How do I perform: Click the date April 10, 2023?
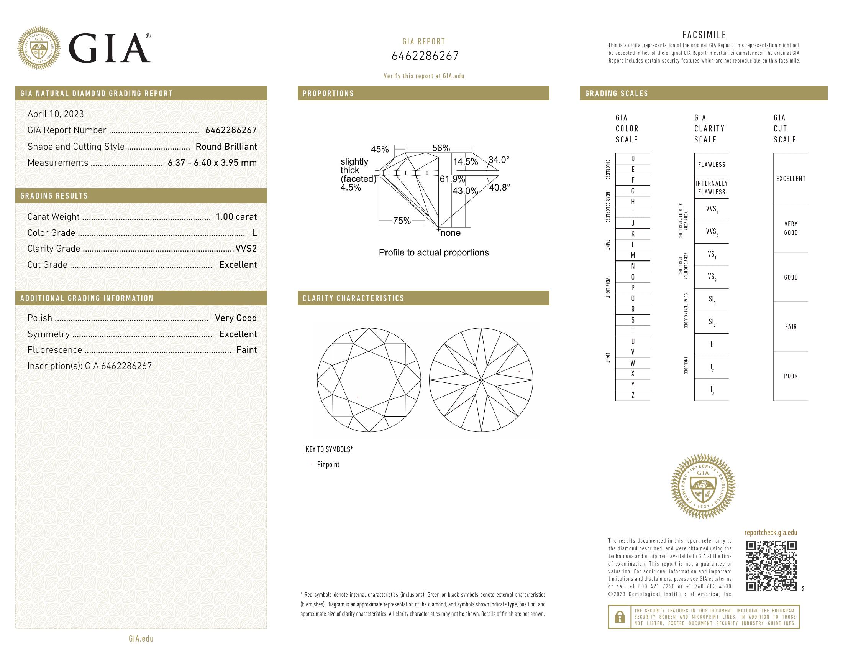pos(56,114)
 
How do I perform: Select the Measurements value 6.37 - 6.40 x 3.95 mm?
pos(212,163)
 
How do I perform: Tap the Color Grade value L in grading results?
pos(254,233)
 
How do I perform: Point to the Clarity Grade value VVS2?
pos(246,249)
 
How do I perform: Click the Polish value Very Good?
pos(235,318)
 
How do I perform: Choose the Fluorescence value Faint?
pos(246,350)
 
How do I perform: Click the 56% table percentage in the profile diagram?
pos(441,148)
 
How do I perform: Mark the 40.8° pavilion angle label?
pos(499,188)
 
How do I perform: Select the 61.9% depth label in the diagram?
pos(452,179)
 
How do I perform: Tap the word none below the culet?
pos(451,233)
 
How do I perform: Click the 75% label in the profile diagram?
pos(402,221)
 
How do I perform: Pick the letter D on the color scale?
pos(633,159)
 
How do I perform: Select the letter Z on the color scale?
pos(633,395)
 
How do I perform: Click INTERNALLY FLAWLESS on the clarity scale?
pos(712,188)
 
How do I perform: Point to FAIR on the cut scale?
pos(791,327)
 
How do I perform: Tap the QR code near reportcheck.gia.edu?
pos(771,566)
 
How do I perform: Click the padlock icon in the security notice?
pos(620,617)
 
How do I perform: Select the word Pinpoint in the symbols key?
pos(328,465)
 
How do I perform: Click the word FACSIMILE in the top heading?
pos(704,35)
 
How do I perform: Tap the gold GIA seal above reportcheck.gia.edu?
pos(702,486)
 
